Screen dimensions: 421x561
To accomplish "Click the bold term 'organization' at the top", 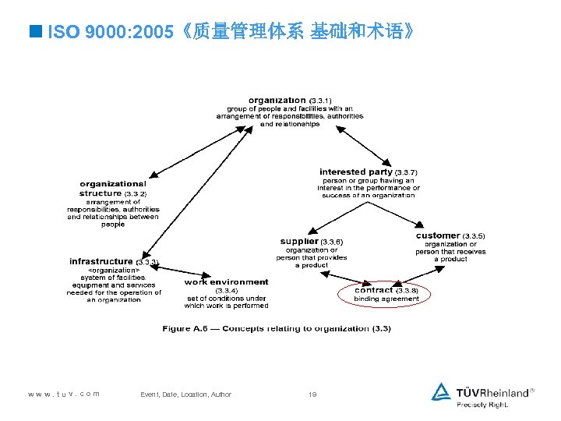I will pyautogui.click(x=277, y=100).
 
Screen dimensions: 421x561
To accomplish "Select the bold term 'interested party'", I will pyautogui.click(x=355, y=172).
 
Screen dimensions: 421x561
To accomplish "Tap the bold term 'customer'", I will pyautogui.click(x=437, y=235).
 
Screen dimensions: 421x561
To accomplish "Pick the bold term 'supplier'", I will pyautogui.click(x=299, y=241).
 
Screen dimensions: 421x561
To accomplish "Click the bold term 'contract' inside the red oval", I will pyautogui.click(x=374, y=290).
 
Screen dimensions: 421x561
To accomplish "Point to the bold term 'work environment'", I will pyautogui.click(x=226, y=282).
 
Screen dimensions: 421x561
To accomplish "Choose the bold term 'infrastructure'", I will pyautogui.click(x=101, y=261).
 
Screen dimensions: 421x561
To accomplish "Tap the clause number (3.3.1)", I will pyautogui.click(x=320, y=101).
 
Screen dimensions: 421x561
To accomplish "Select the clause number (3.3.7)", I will pyautogui.click(x=407, y=172).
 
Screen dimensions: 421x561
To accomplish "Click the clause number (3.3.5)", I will pyautogui.click(x=474, y=235).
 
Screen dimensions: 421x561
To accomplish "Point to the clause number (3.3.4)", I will pyautogui.click(x=226, y=290).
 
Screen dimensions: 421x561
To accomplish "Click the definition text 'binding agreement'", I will pyautogui.click(x=386, y=299).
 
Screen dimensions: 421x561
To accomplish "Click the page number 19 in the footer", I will pyautogui.click(x=312, y=394).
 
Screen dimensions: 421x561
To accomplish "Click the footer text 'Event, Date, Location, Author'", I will pyautogui.click(x=185, y=394).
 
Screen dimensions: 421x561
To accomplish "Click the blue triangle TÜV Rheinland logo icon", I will pyautogui.click(x=442, y=391).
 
